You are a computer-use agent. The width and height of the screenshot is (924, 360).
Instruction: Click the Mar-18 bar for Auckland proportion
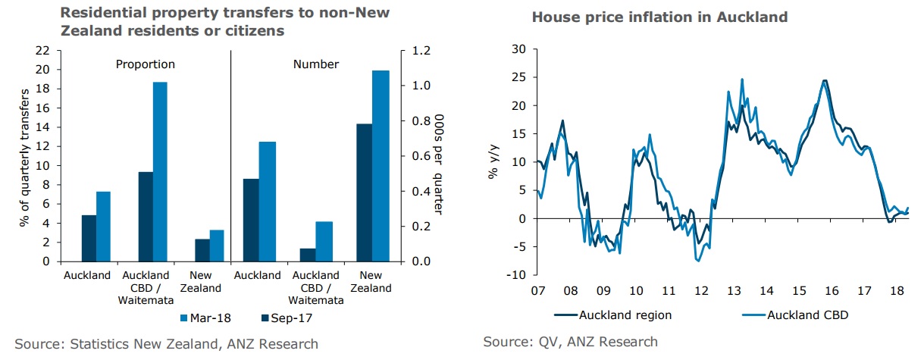(x=104, y=226)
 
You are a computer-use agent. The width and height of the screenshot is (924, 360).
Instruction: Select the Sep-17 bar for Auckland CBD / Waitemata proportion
(x=146, y=217)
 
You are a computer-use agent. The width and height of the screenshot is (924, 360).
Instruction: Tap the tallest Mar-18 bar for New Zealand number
(x=381, y=166)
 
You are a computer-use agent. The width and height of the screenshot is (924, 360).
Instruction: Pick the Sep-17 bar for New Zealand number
(x=364, y=193)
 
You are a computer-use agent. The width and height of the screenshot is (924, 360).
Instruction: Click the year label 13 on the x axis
(x=735, y=291)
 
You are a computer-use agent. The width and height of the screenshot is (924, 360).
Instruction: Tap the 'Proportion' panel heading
(x=145, y=64)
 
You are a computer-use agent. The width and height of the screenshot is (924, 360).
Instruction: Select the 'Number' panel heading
(x=315, y=64)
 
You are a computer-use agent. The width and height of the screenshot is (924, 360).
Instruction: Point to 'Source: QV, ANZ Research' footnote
(x=570, y=342)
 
